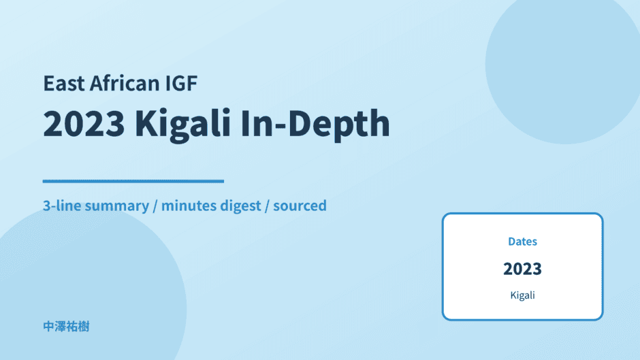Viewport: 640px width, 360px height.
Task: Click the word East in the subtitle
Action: click(64, 83)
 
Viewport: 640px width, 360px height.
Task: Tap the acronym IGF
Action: click(181, 83)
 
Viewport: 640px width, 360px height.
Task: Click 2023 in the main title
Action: click(84, 123)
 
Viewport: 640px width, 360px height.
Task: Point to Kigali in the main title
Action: click(183, 125)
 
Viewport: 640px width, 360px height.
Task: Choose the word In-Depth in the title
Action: click(315, 125)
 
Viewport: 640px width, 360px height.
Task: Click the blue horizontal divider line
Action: click(133, 181)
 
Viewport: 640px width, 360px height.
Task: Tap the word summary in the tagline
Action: click(117, 206)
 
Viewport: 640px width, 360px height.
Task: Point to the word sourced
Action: click(300, 206)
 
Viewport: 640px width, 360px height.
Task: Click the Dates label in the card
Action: click(522, 241)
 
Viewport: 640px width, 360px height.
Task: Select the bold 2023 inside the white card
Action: click(522, 269)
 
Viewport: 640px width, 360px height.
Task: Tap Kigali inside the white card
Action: click(522, 295)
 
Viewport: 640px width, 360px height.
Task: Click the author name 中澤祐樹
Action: click(66, 327)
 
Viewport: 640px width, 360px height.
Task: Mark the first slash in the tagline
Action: click(155, 206)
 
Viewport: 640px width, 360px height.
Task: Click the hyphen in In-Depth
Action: click(281, 125)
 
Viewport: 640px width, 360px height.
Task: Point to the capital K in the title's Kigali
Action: click(146, 123)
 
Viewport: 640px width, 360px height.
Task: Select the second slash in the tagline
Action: click(267, 206)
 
